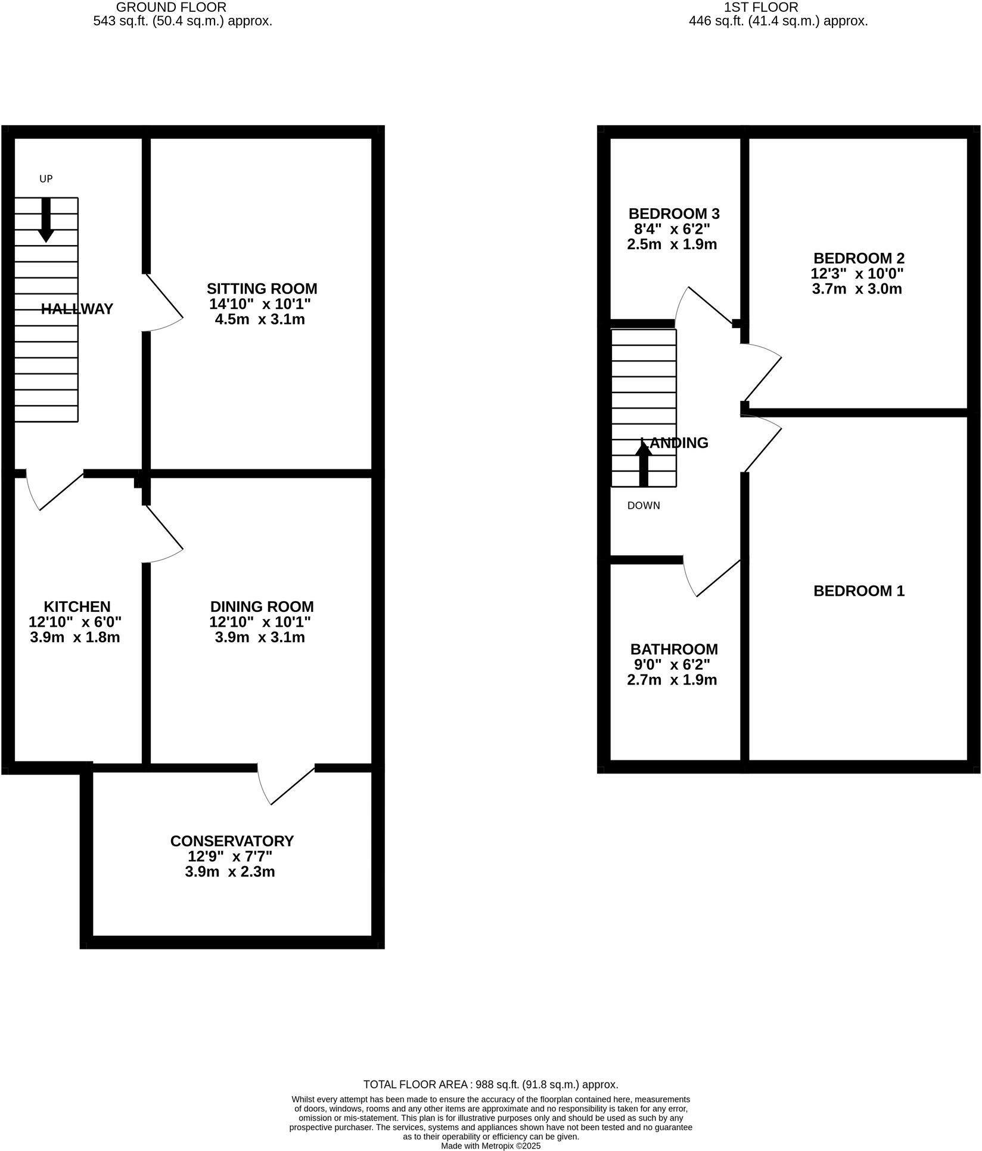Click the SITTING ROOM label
pyautogui.click(x=262, y=289)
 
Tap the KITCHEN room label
pyautogui.click(x=77, y=607)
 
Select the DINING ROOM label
pyautogui.click(x=262, y=607)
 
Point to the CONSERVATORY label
pyautogui.click(x=232, y=841)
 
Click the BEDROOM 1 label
pyautogui.click(x=859, y=591)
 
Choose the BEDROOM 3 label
pyautogui.click(x=674, y=214)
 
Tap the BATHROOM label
pyautogui.click(x=674, y=649)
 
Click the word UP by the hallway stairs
pyautogui.click(x=46, y=179)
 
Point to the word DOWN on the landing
pyautogui.click(x=644, y=506)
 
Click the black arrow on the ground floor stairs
pyautogui.click(x=46, y=220)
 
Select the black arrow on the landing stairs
pyautogui.click(x=644, y=465)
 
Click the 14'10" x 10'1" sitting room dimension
pyautogui.click(x=260, y=304)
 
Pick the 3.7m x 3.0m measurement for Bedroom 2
pyautogui.click(x=856, y=289)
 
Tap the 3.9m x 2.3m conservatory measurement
pyautogui.click(x=230, y=872)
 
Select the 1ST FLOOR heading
pyautogui.click(x=761, y=7)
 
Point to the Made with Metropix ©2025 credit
pyautogui.click(x=490, y=1146)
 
